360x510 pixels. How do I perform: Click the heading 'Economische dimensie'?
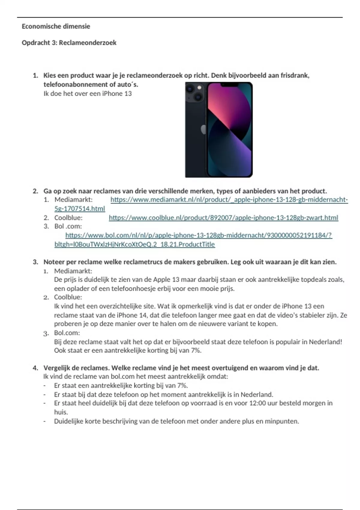56,26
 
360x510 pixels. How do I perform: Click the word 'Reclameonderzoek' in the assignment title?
88,43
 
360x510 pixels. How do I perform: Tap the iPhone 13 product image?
219,130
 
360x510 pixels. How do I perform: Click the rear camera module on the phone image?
194,92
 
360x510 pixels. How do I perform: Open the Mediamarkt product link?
229,200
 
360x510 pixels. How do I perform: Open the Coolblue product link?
223,218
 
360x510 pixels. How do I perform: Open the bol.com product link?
198,235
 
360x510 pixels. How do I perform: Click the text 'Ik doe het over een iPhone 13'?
88,94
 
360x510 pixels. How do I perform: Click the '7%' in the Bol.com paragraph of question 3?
195,350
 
